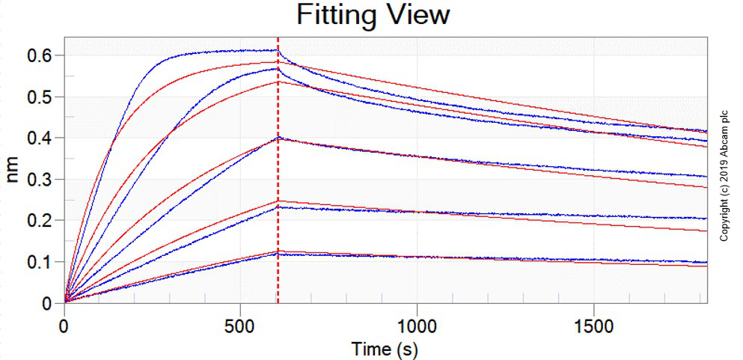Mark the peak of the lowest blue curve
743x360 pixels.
coord(278,254)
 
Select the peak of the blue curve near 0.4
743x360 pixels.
coord(278,138)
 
